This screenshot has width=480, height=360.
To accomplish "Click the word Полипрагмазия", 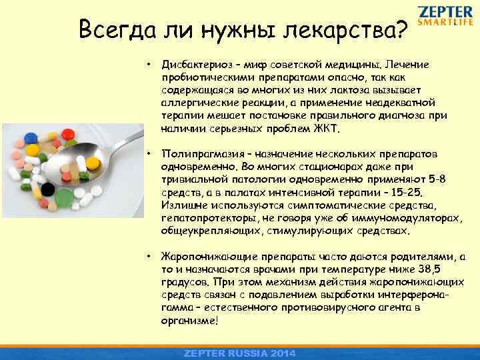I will (200, 155).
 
